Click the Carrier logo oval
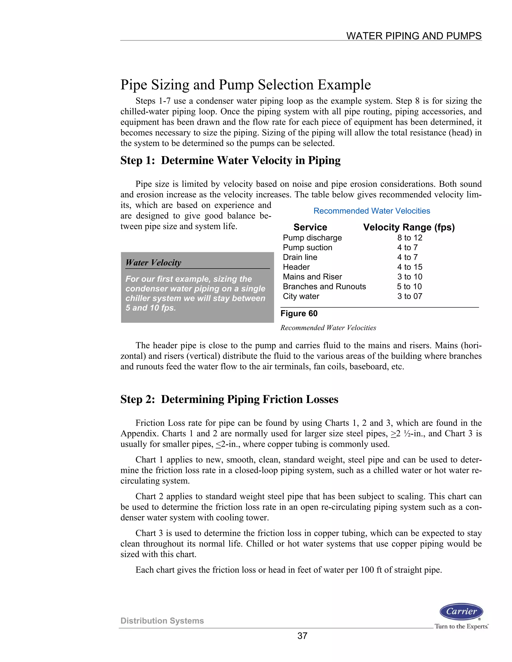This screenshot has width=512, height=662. click(461, 611)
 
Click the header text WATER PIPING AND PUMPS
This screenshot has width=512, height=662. click(414, 36)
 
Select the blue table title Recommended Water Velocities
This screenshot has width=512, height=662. click(371, 211)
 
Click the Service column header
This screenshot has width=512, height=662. click(310, 227)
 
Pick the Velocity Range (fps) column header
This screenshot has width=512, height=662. click(409, 227)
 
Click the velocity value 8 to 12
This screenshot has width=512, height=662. click(409, 238)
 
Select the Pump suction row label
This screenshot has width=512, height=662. click(307, 248)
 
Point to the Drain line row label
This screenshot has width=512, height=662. click(300, 257)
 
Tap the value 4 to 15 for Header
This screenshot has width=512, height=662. click(409, 267)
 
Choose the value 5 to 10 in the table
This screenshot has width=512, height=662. click(409, 287)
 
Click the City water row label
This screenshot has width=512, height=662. click(301, 296)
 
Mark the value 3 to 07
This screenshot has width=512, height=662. click(409, 296)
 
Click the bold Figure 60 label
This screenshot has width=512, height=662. click(299, 314)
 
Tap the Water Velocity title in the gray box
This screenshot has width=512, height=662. click(153, 263)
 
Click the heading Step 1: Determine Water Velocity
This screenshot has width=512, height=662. click(230, 160)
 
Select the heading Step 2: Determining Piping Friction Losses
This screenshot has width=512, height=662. click(229, 399)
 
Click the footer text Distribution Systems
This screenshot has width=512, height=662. click(162, 621)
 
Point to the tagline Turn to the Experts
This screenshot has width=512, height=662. click(461, 626)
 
